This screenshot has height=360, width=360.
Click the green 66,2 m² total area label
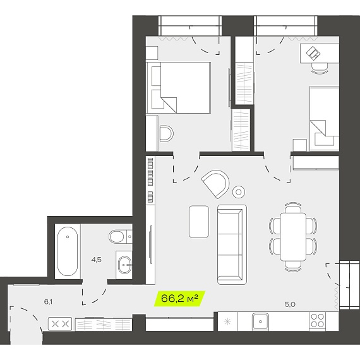click(x=179, y=299)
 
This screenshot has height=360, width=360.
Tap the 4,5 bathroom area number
click(x=96, y=260)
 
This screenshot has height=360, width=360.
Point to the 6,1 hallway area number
click(x=48, y=302)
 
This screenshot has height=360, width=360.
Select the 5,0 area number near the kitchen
click(x=290, y=304)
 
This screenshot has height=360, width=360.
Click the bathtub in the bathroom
click(x=68, y=251)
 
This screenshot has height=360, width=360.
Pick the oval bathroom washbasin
click(x=124, y=265)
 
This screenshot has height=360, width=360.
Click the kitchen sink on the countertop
click(x=260, y=321)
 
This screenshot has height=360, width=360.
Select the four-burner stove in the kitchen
click(x=317, y=320)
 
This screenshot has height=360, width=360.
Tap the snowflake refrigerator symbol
click(x=227, y=321)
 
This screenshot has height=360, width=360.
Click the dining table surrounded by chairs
click(x=293, y=237)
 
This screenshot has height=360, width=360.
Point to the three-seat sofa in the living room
click(x=232, y=244)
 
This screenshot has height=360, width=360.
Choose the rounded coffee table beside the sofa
click(x=199, y=222)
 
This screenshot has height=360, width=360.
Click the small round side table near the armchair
click(x=239, y=192)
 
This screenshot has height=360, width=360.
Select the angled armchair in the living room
click(x=216, y=184)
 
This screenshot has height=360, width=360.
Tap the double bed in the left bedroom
click(x=179, y=88)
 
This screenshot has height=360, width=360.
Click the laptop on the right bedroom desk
click(x=313, y=53)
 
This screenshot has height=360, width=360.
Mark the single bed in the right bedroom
click(x=324, y=119)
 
